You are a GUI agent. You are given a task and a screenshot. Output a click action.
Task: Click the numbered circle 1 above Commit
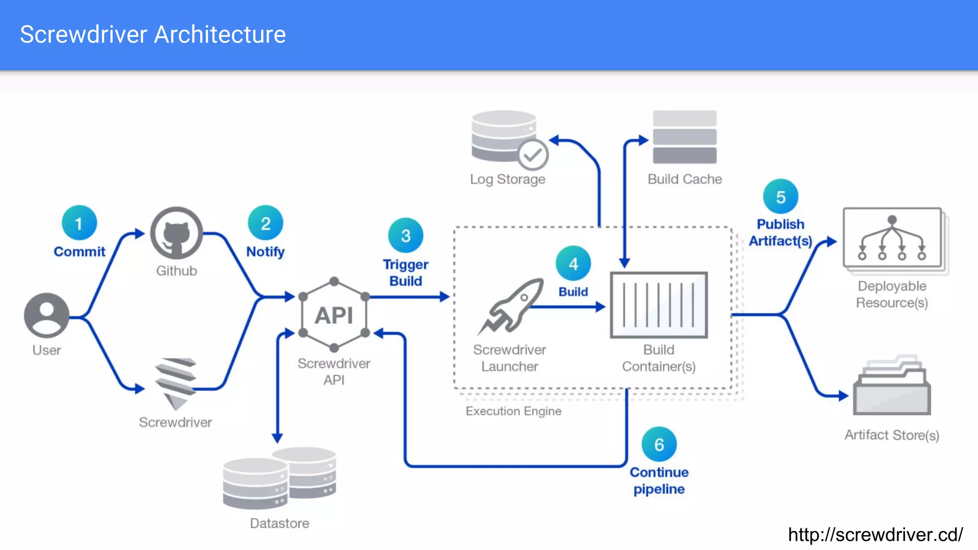tap(79, 223)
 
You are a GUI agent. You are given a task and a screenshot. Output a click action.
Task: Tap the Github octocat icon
tap(177, 233)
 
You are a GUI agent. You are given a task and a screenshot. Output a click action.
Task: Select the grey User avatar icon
tap(46, 315)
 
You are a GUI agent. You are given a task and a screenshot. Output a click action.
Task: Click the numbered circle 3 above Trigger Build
tap(405, 235)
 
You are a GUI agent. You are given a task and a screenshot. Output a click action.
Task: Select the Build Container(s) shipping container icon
tap(659, 305)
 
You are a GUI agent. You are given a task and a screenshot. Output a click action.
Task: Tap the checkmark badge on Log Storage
tap(533, 155)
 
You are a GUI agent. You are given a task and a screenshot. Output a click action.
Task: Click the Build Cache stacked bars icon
tap(684, 137)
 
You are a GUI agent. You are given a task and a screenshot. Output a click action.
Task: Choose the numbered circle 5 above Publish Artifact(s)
tap(780, 197)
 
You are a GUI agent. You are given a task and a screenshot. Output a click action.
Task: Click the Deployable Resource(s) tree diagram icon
tap(892, 238)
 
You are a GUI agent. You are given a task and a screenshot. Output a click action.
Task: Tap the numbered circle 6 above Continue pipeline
tap(659, 444)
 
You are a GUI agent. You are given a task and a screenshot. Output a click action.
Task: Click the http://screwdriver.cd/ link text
tap(875, 535)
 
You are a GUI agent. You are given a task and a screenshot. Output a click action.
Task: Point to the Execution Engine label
tap(513, 411)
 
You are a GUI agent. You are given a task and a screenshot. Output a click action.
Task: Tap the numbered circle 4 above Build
tap(573, 264)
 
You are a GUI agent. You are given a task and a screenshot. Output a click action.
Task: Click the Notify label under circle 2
tap(265, 252)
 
